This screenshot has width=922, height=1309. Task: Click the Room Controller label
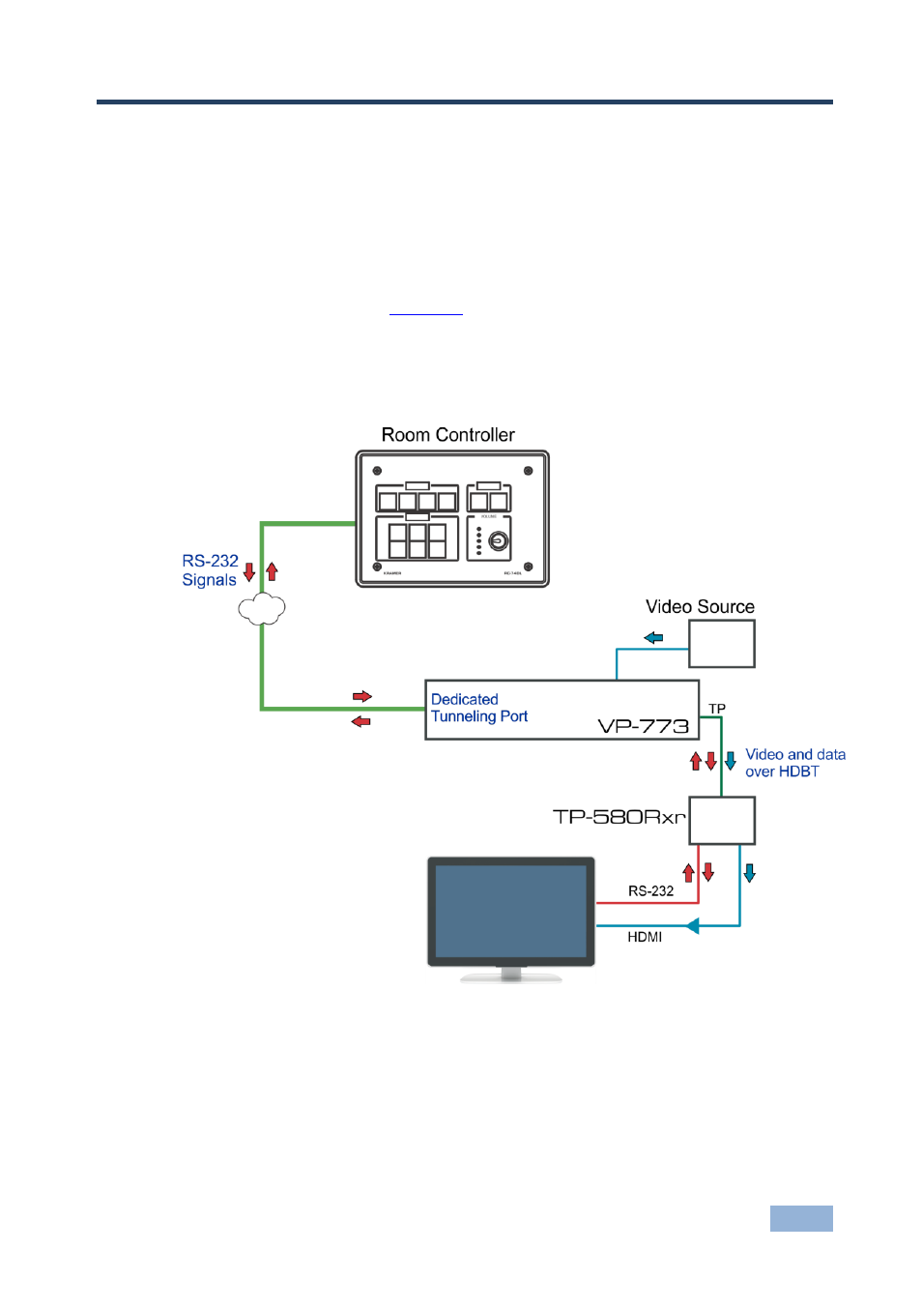tap(447, 435)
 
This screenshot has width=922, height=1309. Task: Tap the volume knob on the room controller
tap(499, 541)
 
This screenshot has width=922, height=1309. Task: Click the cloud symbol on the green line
tap(262, 609)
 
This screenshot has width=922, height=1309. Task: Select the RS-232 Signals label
tap(210, 570)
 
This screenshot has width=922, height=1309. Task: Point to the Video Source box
tap(721, 644)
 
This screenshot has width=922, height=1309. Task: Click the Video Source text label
tap(700, 607)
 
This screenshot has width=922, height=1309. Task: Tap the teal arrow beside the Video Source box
tap(654, 638)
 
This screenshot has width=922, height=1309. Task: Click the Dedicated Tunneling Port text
tap(478, 708)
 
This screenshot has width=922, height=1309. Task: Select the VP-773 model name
tap(643, 726)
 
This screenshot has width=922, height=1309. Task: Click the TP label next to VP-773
tap(717, 709)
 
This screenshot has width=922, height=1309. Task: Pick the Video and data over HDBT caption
tap(794, 763)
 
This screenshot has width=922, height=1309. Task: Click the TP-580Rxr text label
tap(619, 817)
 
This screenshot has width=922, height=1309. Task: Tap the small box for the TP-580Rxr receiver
tap(721, 821)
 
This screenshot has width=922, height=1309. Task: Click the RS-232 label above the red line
tap(650, 891)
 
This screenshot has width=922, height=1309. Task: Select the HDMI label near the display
tap(645, 937)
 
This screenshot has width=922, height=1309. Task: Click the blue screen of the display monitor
tap(510, 911)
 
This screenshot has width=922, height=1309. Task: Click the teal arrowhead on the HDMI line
tap(692, 926)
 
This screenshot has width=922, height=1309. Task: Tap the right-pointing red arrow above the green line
tap(362, 696)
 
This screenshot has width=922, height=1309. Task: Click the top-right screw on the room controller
tap(528, 472)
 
